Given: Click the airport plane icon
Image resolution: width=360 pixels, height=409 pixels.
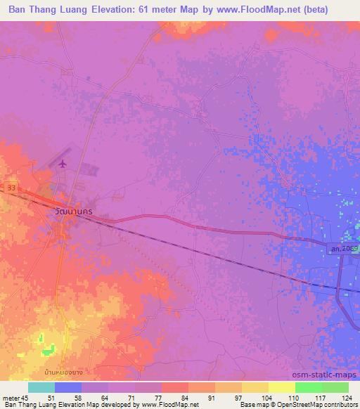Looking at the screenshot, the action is click(x=63, y=164).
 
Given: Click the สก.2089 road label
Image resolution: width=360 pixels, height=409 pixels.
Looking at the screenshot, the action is click(x=342, y=248).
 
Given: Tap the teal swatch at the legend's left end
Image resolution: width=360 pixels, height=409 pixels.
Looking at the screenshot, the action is click(x=41, y=387).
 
